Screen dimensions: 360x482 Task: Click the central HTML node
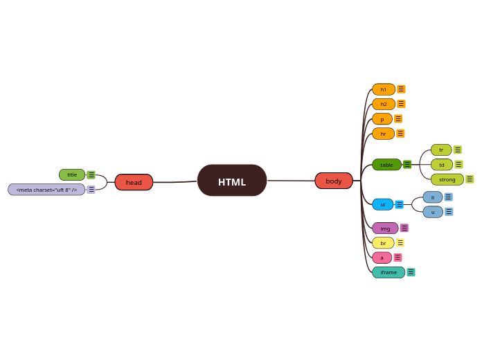pyautogui.click(x=232, y=181)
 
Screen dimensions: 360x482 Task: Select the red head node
pyautogui.click(x=134, y=182)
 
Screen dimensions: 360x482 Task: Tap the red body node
pyautogui.click(x=334, y=181)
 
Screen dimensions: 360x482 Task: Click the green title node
pyautogui.click(x=72, y=174)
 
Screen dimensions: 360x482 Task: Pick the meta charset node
pyautogui.click(x=46, y=189)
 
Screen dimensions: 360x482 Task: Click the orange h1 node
pyautogui.click(x=383, y=89)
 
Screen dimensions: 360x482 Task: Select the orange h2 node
pyautogui.click(x=383, y=104)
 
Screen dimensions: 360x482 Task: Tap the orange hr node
pyautogui.click(x=383, y=134)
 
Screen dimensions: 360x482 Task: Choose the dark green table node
pyautogui.click(x=386, y=165)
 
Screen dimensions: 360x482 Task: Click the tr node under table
pyautogui.click(x=441, y=150)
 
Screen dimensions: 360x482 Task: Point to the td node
pyautogui.click(x=441, y=165)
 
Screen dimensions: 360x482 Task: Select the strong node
pyautogui.click(x=447, y=179)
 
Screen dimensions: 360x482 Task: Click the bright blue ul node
pyautogui.click(x=382, y=204)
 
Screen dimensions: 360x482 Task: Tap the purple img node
pyautogui.click(x=385, y=228)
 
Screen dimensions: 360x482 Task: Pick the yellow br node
pyautogui.click(x=383, y=243)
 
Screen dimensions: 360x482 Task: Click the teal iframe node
pyautogui.click(x=389, y=272)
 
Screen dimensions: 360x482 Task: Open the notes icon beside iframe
pyautogui.click(x=411, y=272)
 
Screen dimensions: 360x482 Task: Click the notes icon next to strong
pyautogui.click(x=470, y=179)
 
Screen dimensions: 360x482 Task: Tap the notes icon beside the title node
pyautogui.click(x=91, y=174)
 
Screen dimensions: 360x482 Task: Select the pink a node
pyautogui.click(x=382, y=258)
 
